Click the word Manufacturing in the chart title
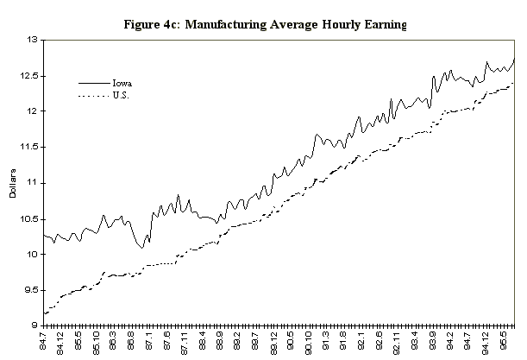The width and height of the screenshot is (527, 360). coord(229,24)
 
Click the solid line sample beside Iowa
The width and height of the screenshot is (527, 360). coord(93,83)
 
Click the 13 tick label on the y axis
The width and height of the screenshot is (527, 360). coord(32,40)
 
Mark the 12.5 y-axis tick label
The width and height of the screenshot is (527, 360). coord(28,76)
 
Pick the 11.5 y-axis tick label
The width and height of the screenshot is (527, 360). coord(28,148)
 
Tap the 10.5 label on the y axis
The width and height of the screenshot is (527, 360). coord(28,218)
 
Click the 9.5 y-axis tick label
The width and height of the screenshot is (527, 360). coord(29,290)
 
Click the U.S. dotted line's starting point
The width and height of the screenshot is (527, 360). coord(43,313)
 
